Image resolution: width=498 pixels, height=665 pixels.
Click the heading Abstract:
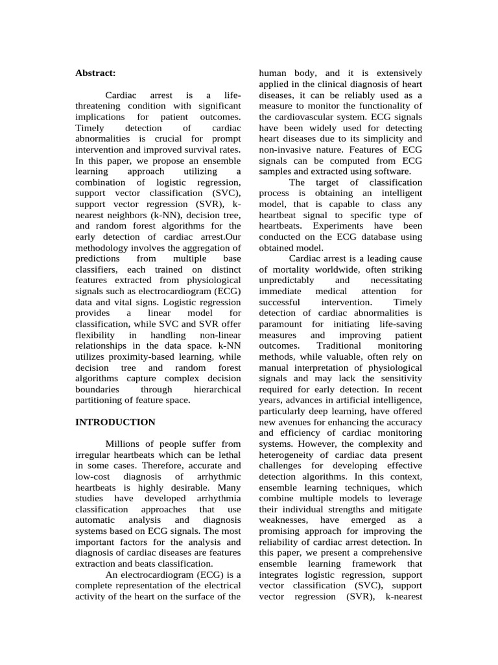tap(96, 73)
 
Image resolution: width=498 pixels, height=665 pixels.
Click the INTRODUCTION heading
tap(115, 422)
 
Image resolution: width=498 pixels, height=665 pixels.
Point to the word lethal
tap(227, 455)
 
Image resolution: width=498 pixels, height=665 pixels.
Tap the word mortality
tap(289, 269)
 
